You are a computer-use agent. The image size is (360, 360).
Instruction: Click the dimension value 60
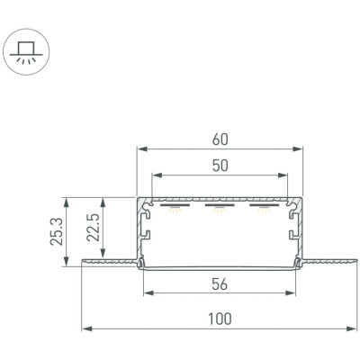point(220,139)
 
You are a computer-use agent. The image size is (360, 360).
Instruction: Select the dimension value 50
point(220,166)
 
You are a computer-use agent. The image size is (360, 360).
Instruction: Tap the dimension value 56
point(220,284)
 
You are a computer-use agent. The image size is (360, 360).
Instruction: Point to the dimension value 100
point(220,319)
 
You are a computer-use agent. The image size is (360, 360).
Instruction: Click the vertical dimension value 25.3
point(57,231)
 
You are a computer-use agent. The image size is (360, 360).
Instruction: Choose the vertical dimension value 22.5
point(93,228)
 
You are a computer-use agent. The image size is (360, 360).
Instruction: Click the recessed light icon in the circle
point(26,52)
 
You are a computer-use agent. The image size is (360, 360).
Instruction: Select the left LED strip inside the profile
point(175,205)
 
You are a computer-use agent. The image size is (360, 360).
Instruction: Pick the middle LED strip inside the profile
point(220,205)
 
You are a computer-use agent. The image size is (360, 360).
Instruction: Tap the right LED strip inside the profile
point(265,205)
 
